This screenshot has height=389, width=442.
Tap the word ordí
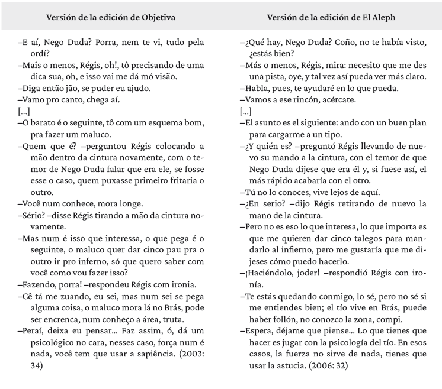(x=36, y=54)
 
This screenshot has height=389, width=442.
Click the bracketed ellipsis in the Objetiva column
(x=24, y=111)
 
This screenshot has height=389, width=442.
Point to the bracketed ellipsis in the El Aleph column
(x=246, y=111)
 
